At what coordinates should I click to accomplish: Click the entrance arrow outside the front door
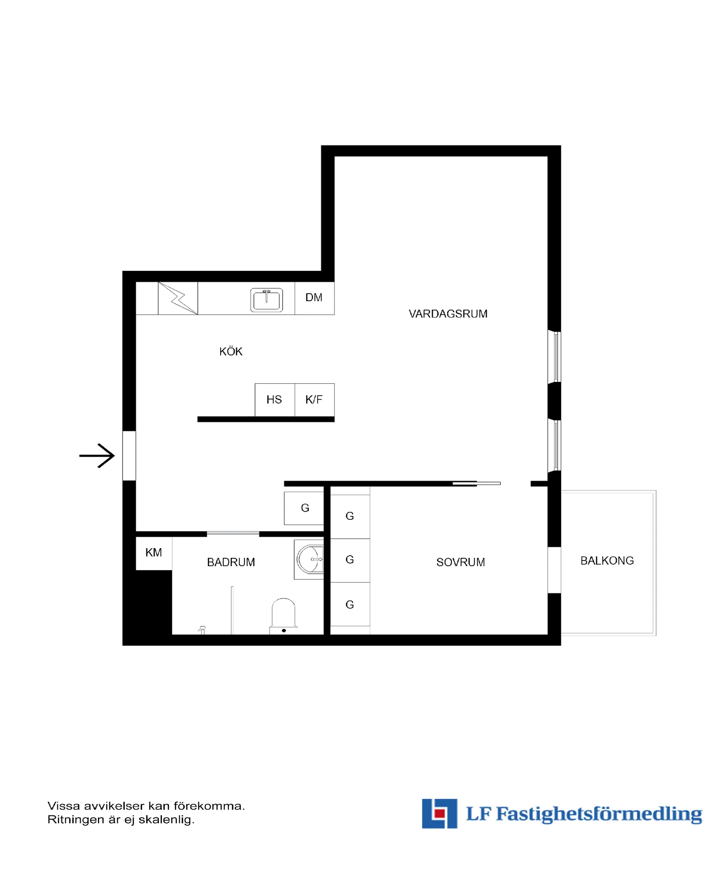[x=97, y=455]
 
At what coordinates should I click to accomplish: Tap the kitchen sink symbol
[x=266, y=300]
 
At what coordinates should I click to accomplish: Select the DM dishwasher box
[x=314, y=298]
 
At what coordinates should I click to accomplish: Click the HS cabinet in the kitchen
[x=274, y=400]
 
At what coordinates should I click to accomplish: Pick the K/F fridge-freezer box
[x=314, y=400]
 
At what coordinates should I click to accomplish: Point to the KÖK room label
[x=231, y=351]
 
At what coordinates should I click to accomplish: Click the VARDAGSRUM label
[x=448, y=314]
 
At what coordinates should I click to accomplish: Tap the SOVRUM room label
[x=460, y=562]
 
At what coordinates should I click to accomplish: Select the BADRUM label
[x=231, y=562]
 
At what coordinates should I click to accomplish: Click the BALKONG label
[x=607, y=560]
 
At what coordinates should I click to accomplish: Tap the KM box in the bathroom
[x=154, y=553]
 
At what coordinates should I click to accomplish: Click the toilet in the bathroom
[x=283, y=615]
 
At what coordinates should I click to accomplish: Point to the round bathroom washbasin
[x=310, y=559]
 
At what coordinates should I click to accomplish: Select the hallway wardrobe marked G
[x=304, y=508]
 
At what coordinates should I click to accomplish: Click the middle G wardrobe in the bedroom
[x=350, y=560]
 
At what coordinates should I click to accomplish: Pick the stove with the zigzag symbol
[x=178, y=298]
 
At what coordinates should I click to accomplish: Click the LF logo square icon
[x=439, y=813]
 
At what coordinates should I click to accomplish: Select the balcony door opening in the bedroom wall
[x=554, y=570]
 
